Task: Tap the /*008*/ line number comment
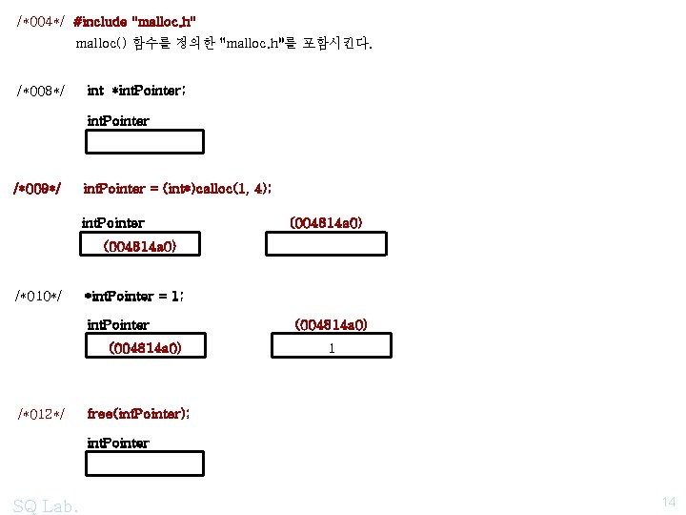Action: pyautogui.click(x=40, y=92)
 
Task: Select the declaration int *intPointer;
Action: pyautogui.click(x=136, y=92)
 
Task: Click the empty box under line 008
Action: pyautogui.click(x=145, y=142)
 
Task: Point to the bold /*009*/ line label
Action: pyautogui.click(x=37, y=189)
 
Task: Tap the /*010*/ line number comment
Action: pyautogui.click(x=40, y=297)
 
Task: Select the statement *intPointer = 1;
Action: pyautogui.click(x=133, y=297)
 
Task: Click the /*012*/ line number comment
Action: pyautogui.click(x=40, y=414)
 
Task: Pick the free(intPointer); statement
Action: pyautogui.click(x=138, y=414)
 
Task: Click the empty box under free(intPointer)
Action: pyautogui.click(x=145, y=463)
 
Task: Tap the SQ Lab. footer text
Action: pyautogui.click(x=46, y=505)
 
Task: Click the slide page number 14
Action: pyautogui.click(x=667, y=502)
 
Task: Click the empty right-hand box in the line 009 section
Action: pyautogui.click(x=326, y=244)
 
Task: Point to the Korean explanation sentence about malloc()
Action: pyautogui.click(x=224, y=44)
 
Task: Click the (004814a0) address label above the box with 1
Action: pyautogui.click(x=331, y=325)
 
